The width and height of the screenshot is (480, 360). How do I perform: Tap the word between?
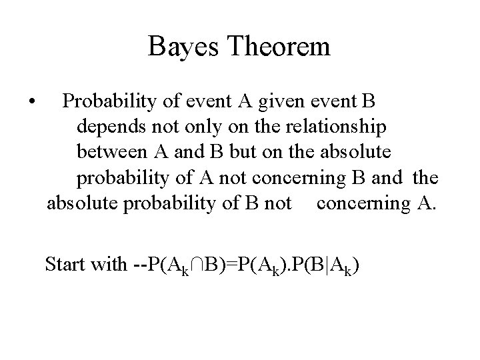tap(113, 152)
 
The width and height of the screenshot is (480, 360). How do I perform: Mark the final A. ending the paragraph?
tap(424, 203)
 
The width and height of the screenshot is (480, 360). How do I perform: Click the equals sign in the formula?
tap(227, 265)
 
